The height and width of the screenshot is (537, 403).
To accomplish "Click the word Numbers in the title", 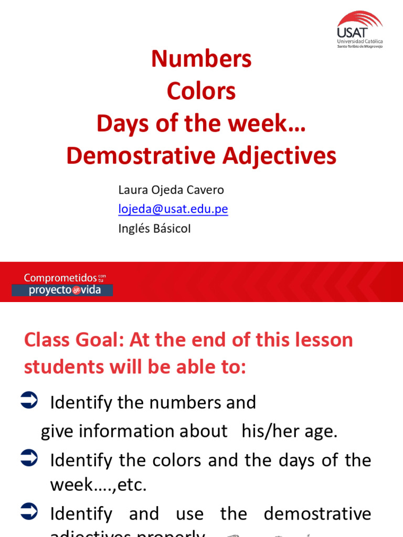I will (x=201, y=59).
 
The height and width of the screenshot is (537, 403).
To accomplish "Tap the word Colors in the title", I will (x=201, y=91).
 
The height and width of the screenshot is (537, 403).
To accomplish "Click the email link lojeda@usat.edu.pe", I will (x=173, y=209).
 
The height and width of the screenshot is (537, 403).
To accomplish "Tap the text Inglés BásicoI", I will (x=154, y=229).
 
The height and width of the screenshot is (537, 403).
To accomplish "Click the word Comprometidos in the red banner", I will (x=60, y=278).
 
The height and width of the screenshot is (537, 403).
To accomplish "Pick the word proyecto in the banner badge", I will (x=50, y=290).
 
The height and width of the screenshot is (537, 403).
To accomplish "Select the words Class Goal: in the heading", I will (x=74, y=340).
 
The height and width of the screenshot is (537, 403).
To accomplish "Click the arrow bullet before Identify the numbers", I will (x=29, y=401).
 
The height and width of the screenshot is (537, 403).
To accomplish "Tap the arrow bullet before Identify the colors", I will (x=29, y=459).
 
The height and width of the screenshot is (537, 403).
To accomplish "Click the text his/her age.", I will (x=290, y=431).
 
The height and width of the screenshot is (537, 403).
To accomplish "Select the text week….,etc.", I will (x=98, y=485).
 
